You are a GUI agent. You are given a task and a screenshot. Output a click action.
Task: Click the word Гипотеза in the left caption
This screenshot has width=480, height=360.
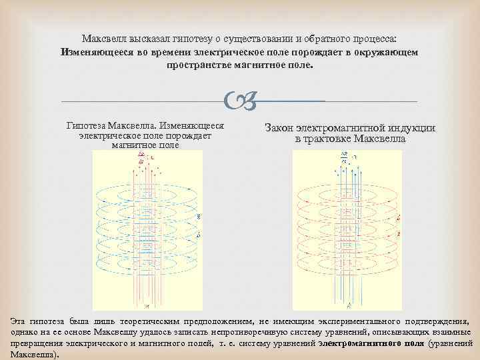(87, 125)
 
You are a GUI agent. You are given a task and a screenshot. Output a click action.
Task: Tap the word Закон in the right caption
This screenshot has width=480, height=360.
(281, 128)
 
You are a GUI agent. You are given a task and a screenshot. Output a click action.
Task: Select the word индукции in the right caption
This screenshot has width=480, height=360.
(412, 128)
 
